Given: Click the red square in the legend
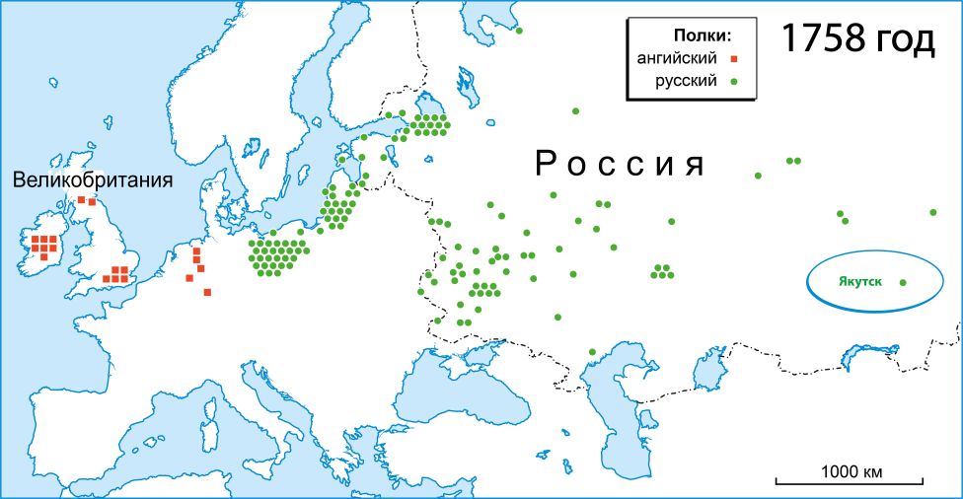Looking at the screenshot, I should click(734, 58).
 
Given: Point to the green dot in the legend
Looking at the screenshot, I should click(734, 81).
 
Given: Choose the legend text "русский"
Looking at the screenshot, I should click(686, 80).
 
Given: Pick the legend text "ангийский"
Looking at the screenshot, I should click(677, 58).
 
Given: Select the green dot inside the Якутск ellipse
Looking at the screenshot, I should click(903, 283).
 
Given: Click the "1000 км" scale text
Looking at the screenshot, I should click(851, 470).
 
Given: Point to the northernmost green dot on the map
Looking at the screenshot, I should click(519, 32).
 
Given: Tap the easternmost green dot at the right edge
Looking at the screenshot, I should click(933, 212).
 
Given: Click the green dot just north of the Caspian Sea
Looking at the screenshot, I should click(592, 352).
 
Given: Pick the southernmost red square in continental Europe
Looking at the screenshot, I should click(207, 292).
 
